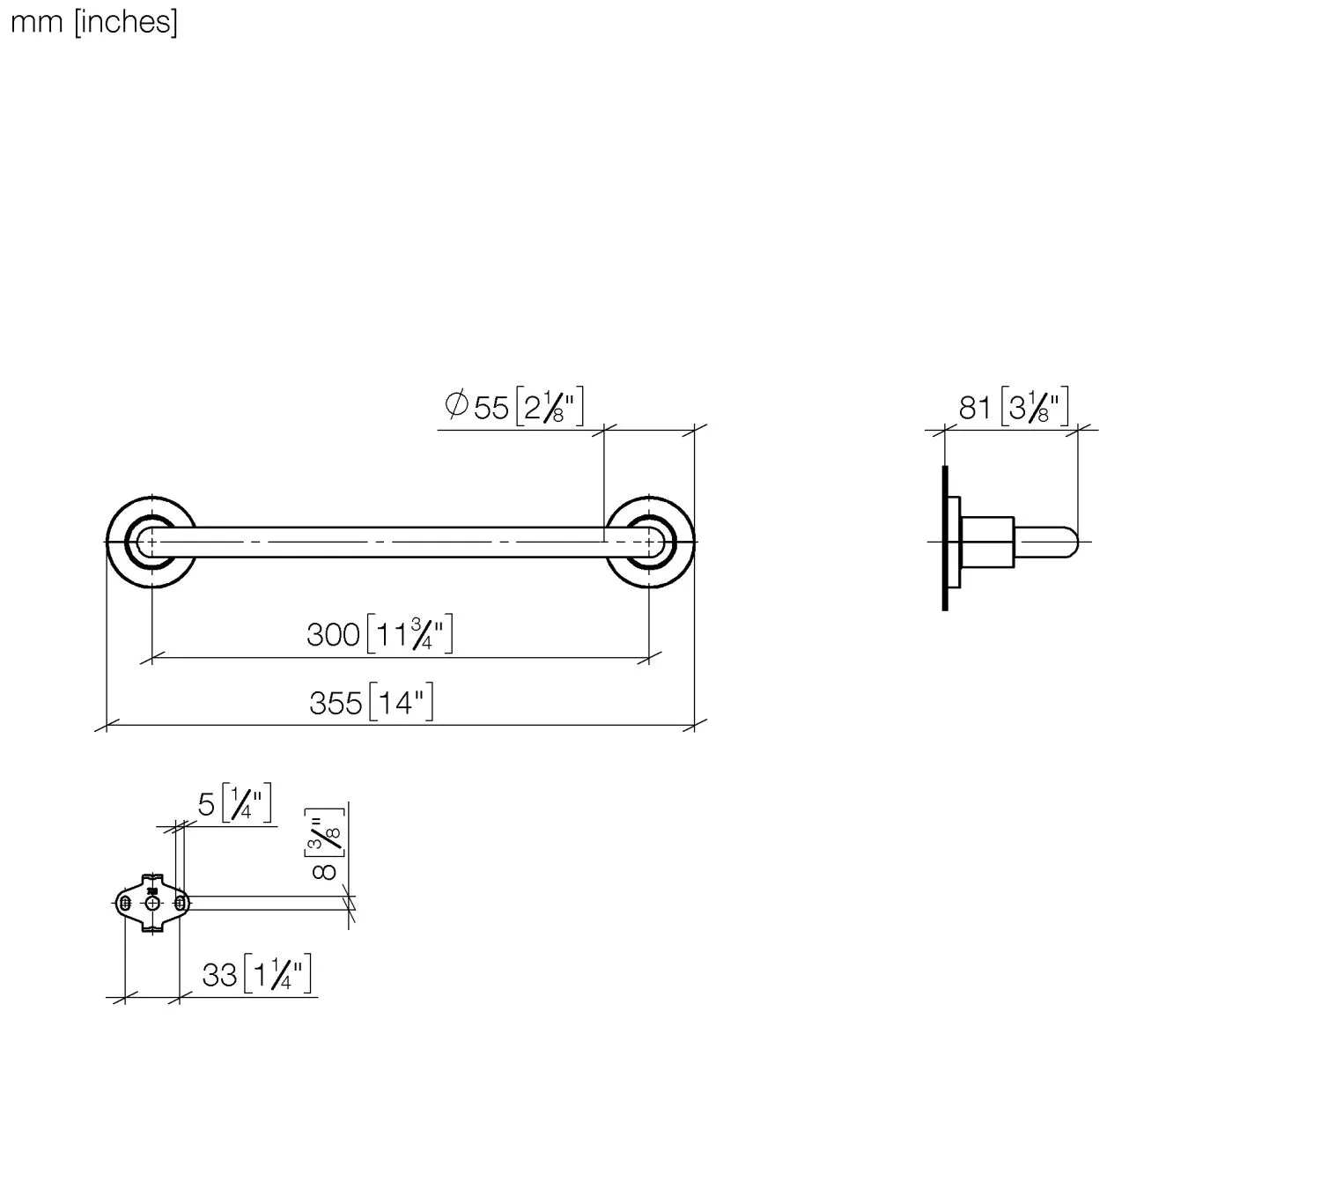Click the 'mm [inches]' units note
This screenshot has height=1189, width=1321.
coord(93,21)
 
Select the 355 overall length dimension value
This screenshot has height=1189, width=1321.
coord(336,703)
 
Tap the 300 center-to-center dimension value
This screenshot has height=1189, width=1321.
coord(333,634)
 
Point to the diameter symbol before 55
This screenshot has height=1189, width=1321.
coord(456,406)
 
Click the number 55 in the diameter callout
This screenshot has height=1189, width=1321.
coord(491,408)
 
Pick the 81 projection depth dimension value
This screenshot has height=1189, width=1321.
coord(975,408)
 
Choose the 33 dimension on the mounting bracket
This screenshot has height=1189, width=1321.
coord(219,975)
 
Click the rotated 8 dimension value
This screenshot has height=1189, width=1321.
coord(324,870)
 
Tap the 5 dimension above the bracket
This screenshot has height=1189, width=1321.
coord(206,804)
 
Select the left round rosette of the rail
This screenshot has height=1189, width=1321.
coord(151,541)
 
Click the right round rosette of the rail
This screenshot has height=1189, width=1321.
coord(649,541)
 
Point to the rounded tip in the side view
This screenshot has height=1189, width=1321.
coord(1067,542)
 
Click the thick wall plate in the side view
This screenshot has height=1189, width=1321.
coord(945,537)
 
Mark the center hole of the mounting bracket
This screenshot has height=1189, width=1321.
coord(153,904)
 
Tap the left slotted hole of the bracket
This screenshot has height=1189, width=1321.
coord(126,904)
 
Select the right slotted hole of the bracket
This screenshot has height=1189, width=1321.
coord(180,904)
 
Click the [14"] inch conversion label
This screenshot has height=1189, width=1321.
coord(401,703)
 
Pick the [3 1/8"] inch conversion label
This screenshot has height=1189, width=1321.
coord(1036,408)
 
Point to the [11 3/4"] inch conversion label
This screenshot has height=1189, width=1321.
coord(410,634)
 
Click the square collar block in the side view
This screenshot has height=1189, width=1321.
coord(986,542)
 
